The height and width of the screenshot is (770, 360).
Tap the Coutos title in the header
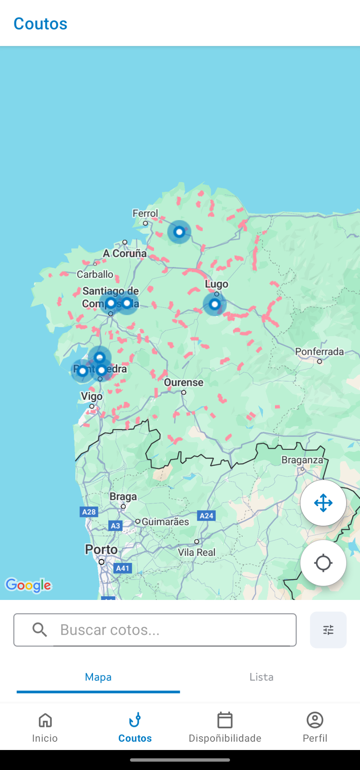tap(40, 24)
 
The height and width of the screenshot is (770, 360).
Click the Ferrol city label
tap(145, 213)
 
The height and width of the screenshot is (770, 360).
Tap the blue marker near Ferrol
tap(179, 232)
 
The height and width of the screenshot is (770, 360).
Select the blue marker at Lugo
tap(215, 304)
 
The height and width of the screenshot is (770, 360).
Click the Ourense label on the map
tap(183, 383)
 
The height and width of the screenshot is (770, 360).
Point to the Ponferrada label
tap(319, 352)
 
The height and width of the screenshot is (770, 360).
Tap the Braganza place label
tap(302, 460)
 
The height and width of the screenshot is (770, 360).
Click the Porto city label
tap(101, 549)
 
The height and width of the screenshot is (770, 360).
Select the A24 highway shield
tap(206, 516)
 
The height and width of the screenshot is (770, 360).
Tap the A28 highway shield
tap(89, 512)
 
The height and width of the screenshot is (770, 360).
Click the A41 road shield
tap(122, 568)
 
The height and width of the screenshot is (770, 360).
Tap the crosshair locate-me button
tap(323, 563)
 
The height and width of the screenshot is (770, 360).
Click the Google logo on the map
tap(28, 585)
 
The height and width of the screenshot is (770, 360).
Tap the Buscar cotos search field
tap(155, 630)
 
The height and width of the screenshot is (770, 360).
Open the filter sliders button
tap(328, 630)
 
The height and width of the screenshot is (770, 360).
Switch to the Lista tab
tap(261, 677)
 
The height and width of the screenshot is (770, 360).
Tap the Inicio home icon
tap(45, 721)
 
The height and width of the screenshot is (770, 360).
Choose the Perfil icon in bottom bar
tap(315, 721)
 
